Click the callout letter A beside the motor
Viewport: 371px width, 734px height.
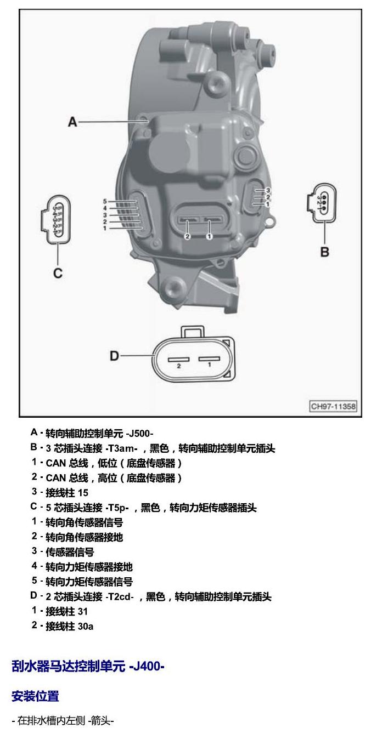[72, 122]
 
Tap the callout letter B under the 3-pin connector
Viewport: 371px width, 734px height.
[324, 252]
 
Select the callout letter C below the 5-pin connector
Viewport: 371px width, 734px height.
[58, 273]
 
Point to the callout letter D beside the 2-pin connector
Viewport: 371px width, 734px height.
[114, 356]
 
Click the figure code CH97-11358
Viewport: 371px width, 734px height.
[333, 406]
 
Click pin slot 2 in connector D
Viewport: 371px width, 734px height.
[179, 359]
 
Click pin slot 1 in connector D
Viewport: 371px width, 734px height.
[209, 359]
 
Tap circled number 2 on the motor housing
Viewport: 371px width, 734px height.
[187, 236]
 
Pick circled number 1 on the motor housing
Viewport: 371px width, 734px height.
[209, 236]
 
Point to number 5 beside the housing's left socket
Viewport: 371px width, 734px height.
[105, 201]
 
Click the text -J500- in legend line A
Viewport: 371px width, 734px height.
[139, 434]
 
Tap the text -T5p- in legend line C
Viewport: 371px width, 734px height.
[117, 508]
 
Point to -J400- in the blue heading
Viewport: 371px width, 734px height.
[147, 666]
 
